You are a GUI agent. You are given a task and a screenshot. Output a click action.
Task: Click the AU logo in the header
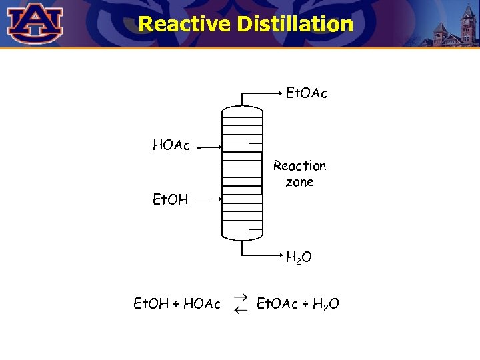coord(35,23)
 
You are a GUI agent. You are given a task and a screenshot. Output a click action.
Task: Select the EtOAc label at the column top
coord(306,94)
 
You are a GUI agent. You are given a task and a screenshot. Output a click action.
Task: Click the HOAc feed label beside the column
coord(171,145)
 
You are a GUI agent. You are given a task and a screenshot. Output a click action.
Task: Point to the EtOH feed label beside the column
coord(171,199)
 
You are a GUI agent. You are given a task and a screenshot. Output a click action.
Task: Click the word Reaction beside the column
coord(300,166)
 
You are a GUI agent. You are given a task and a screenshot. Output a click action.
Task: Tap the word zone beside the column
coord(299,182)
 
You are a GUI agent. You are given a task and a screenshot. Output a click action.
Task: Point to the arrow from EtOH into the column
coord(210,199)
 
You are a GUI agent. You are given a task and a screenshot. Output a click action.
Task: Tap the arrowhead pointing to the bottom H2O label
coord(279,255)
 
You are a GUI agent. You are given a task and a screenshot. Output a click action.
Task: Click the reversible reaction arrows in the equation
coord(241,303)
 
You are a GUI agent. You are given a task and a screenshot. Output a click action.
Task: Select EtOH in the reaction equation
coord(151,304)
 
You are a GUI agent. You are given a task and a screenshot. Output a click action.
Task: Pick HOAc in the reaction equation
coord(202,304)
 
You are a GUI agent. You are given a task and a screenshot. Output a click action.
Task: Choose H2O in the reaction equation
coord(326,305)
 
